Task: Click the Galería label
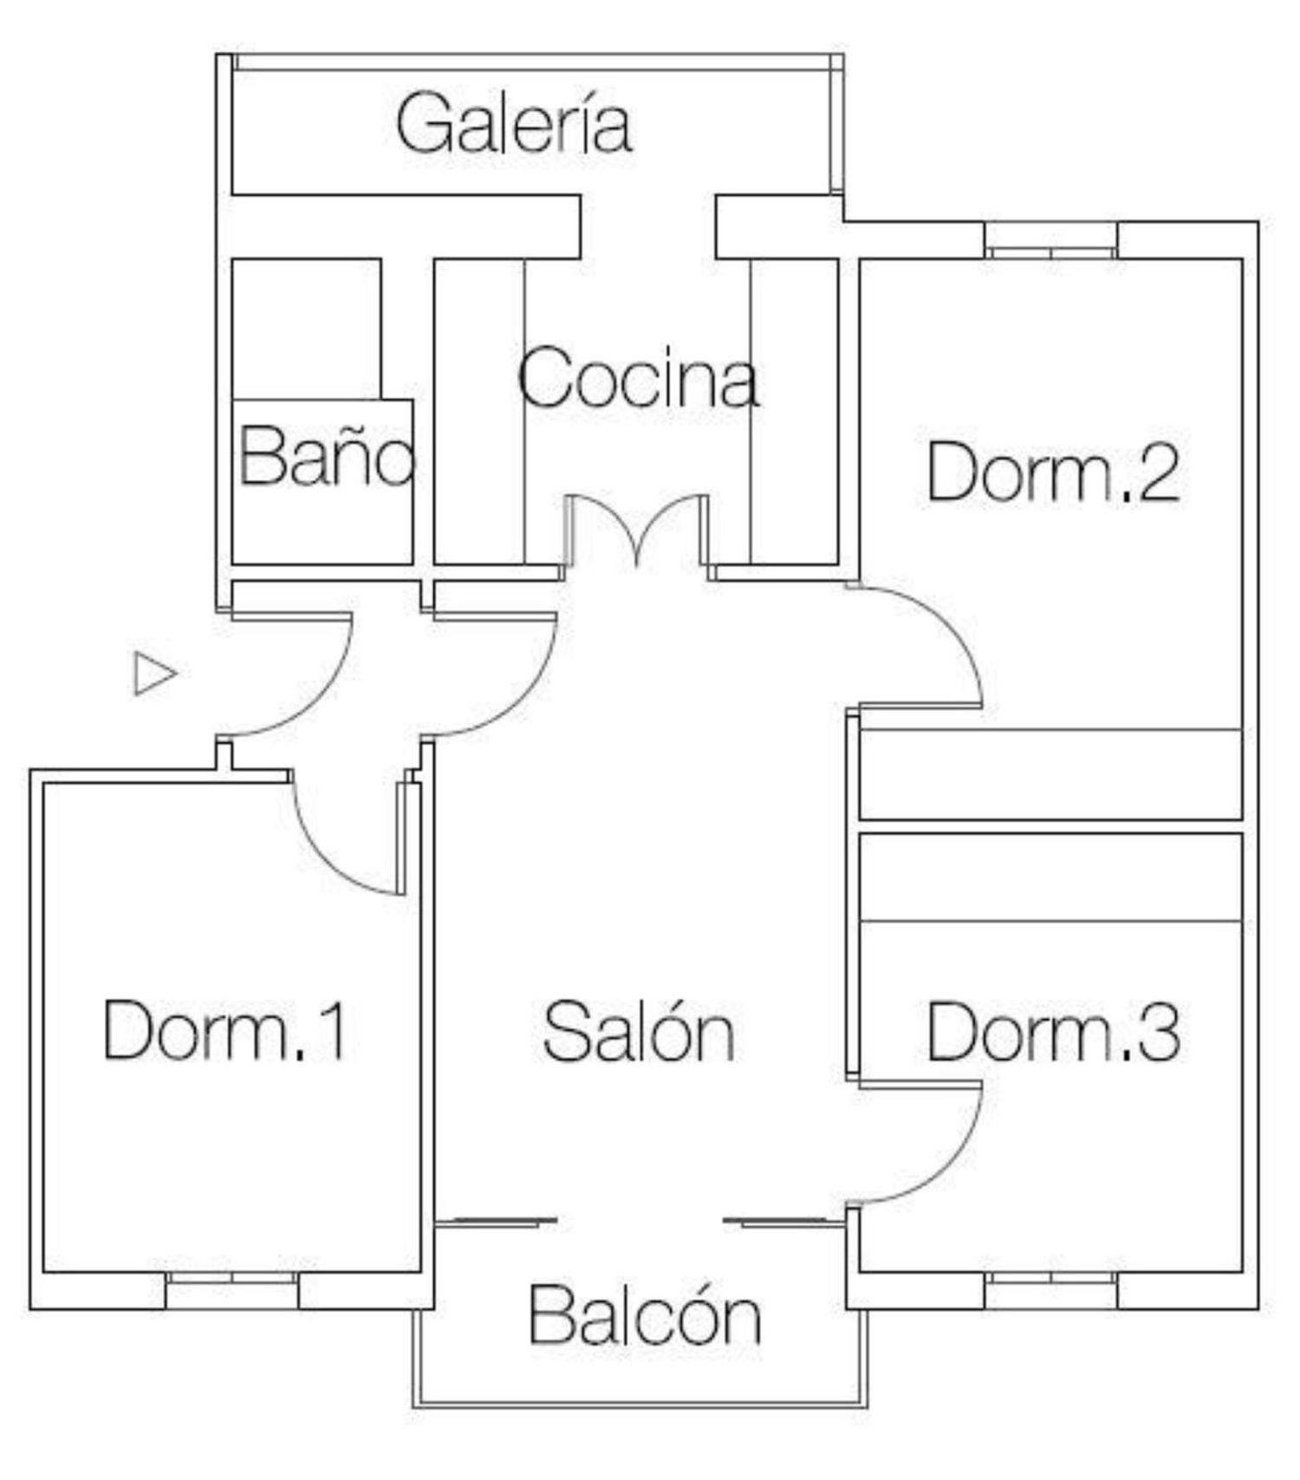(514, 125)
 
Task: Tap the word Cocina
(639, 377)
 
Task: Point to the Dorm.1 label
(226, 1029)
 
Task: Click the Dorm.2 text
(1053, 471)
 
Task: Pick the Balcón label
(646, 1314)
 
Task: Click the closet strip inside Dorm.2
(1051, 773)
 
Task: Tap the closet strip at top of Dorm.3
(1051, 877)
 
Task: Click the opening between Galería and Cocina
(647, 226)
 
